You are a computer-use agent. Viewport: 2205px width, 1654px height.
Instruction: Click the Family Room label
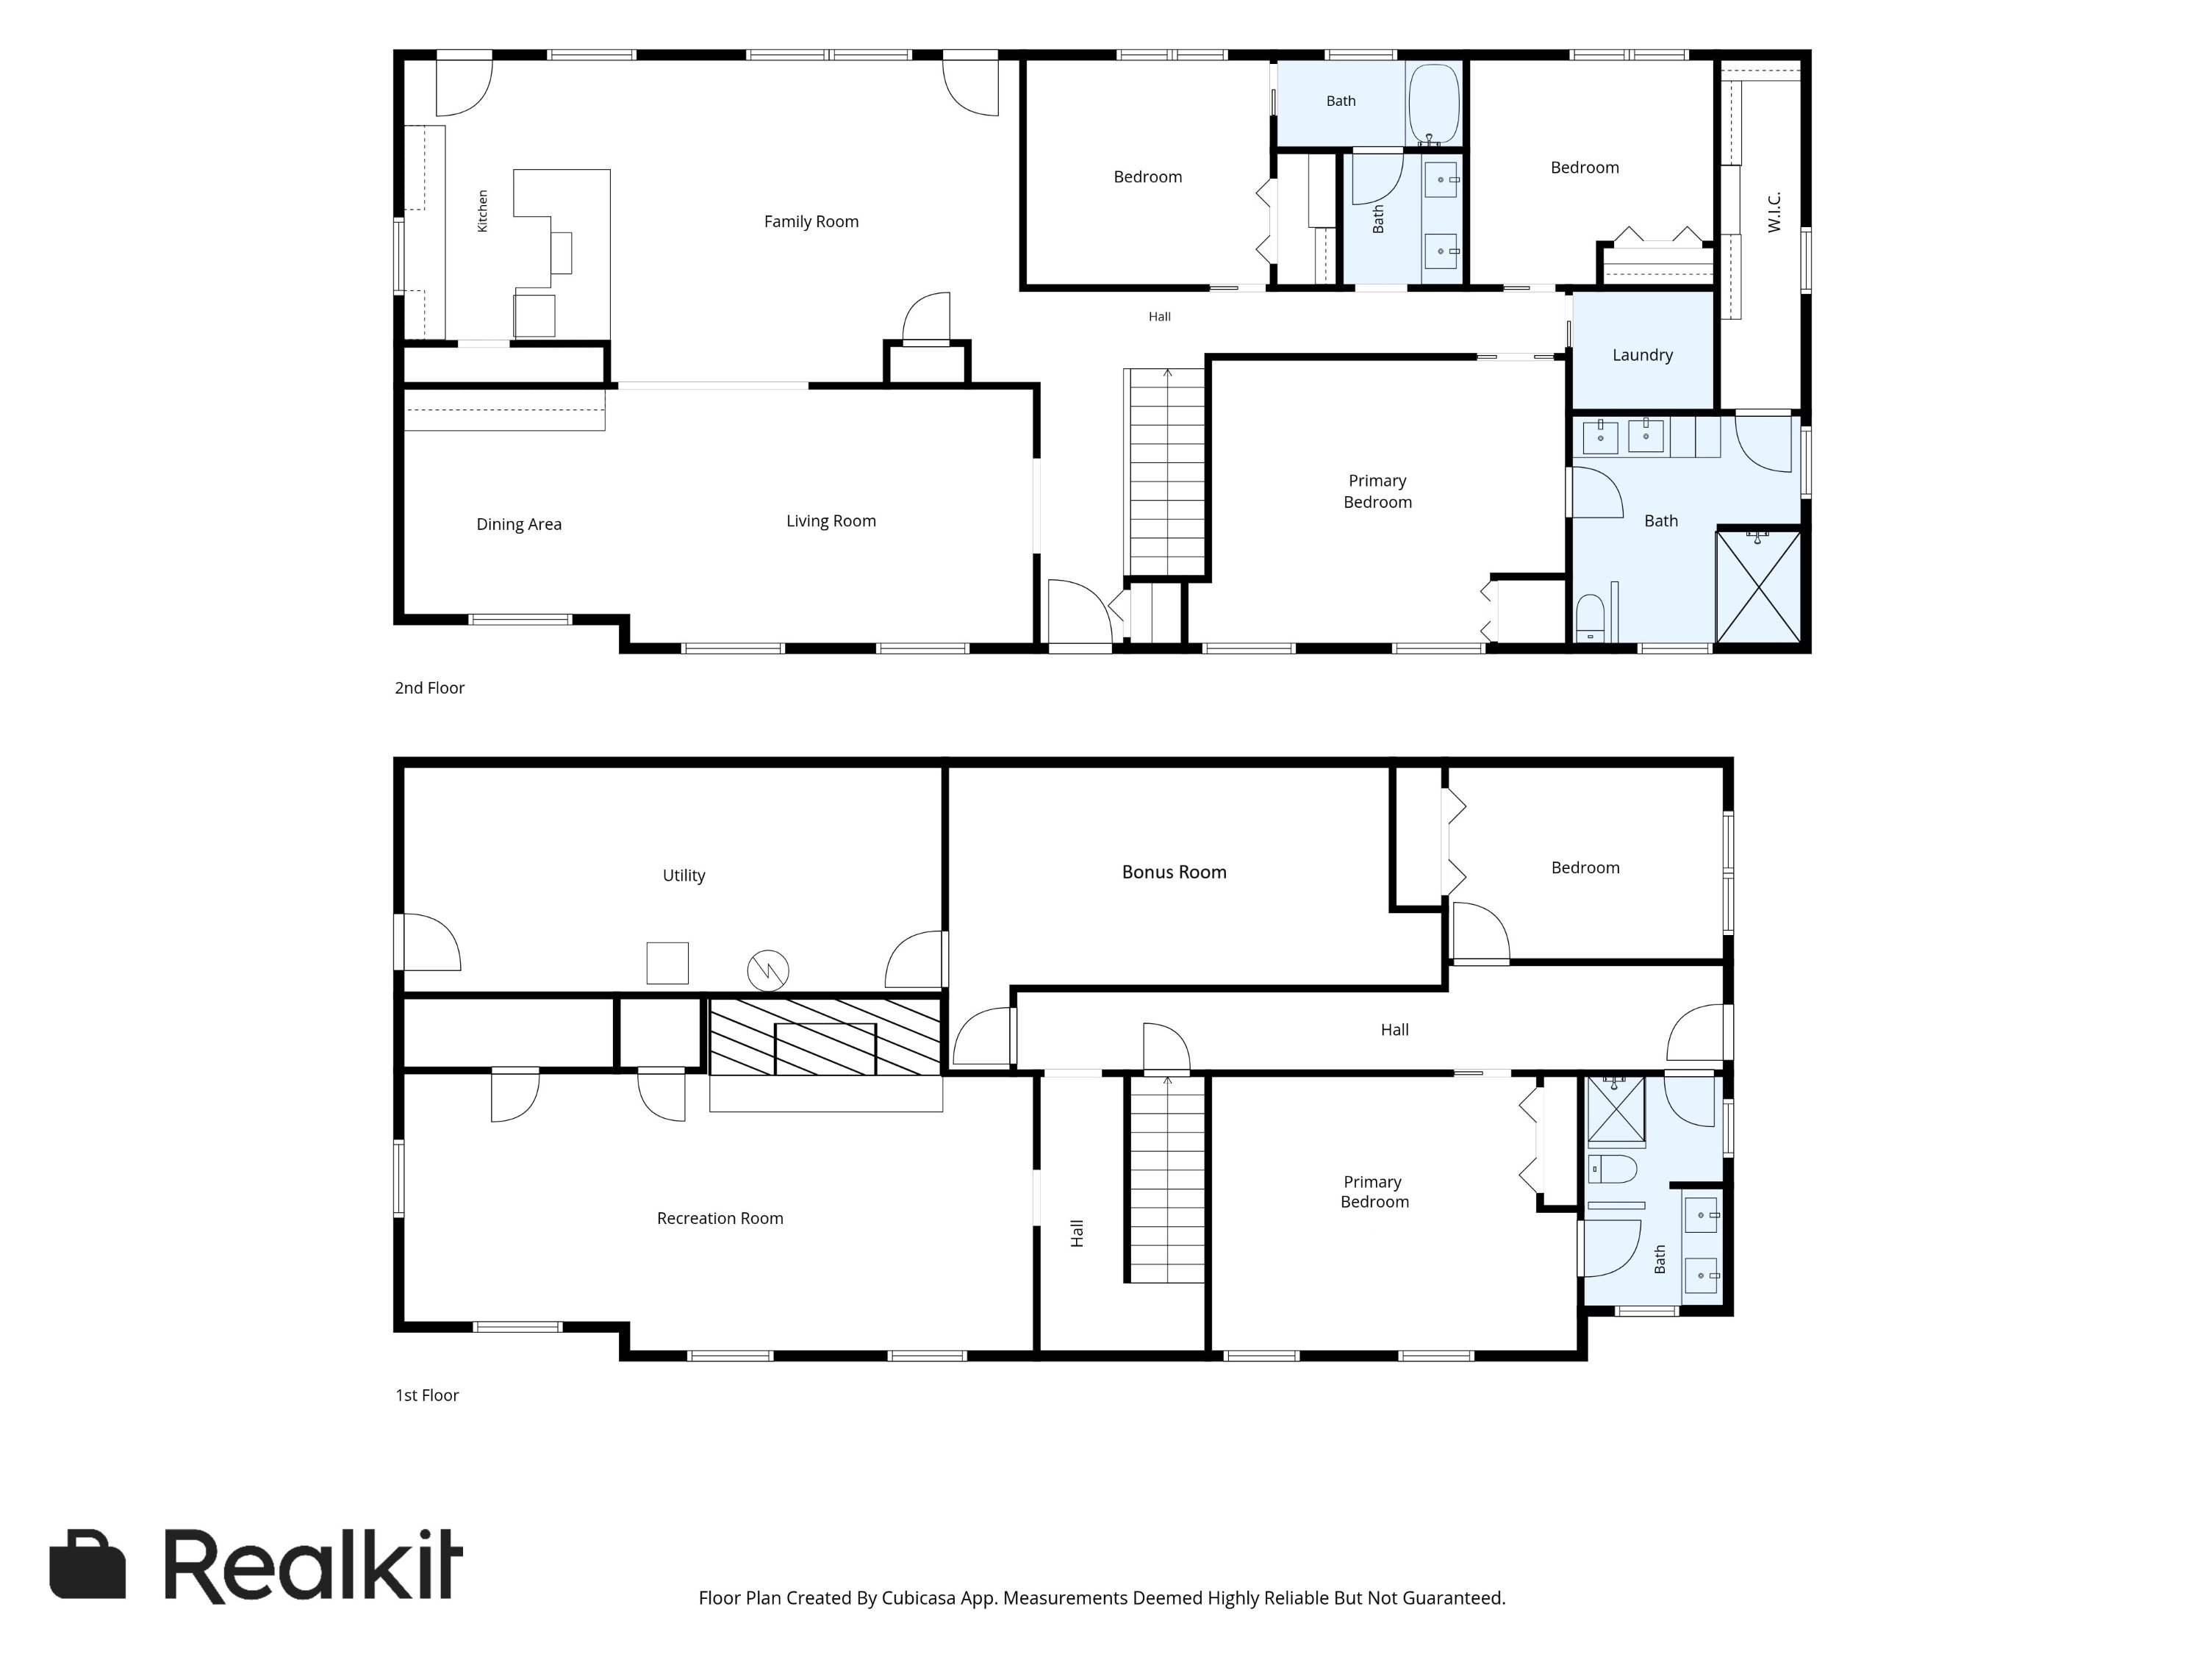tap(811, 221)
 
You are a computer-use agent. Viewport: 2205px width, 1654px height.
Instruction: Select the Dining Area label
tap(518, 524)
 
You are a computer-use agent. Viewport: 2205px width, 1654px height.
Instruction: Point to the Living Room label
tap(831, 521)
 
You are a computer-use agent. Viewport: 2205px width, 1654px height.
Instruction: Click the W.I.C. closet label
tap(1774, 212)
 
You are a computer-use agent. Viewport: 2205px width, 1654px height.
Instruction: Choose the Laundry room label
tap(1642, 355)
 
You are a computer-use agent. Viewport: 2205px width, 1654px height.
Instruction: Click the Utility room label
tap(684, 876)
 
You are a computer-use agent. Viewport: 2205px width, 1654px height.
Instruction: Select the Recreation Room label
tap(720, 1218)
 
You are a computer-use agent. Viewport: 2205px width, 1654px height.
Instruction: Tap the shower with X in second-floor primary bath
tap(1758, 586)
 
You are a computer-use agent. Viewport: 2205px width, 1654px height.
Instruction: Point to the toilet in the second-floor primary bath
tap(1590, 618)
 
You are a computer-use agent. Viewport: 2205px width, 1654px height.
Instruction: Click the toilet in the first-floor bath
tap(1612, 1169)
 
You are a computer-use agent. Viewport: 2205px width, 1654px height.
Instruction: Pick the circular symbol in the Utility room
tap(767, 969)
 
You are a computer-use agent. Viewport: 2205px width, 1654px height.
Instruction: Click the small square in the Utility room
tap(667, 963)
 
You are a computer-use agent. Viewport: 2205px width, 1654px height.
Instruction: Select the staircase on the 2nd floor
tap(1165, 473)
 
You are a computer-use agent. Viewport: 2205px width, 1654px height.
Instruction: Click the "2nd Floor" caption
tap(430, 688)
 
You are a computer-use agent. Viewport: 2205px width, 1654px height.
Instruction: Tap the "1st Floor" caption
tap(426, 1395)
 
